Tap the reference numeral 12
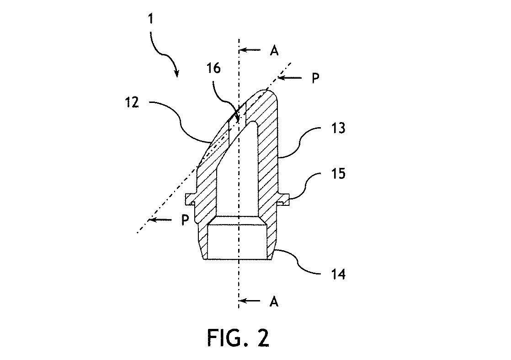132,103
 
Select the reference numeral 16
213,68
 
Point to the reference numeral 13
338,128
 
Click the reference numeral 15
338,173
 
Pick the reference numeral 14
338,274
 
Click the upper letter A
274,50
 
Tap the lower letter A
274,302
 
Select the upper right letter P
315,78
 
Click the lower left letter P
185,220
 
